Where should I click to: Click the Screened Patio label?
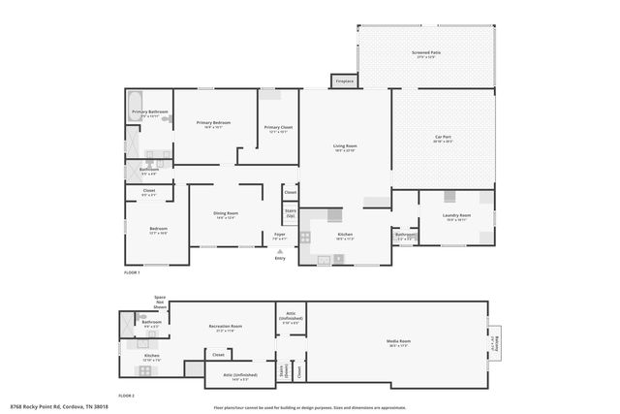[x=425, y=55]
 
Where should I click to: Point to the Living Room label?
[x=345, y=146]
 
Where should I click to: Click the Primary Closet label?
[x=278, y=127]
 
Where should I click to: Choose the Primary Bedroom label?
[x=213, y=123]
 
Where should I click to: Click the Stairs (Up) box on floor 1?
[x=290, y=212]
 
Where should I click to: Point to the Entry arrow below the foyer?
[x=280, y=255]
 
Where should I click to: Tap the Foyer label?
[x=279, y=235]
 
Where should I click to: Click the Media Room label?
[x=400, y=341]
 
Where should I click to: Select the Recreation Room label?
[x=226, y=327]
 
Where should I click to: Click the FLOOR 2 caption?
[x=127, y=396]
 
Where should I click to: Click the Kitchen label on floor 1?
[x=345, y=235]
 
